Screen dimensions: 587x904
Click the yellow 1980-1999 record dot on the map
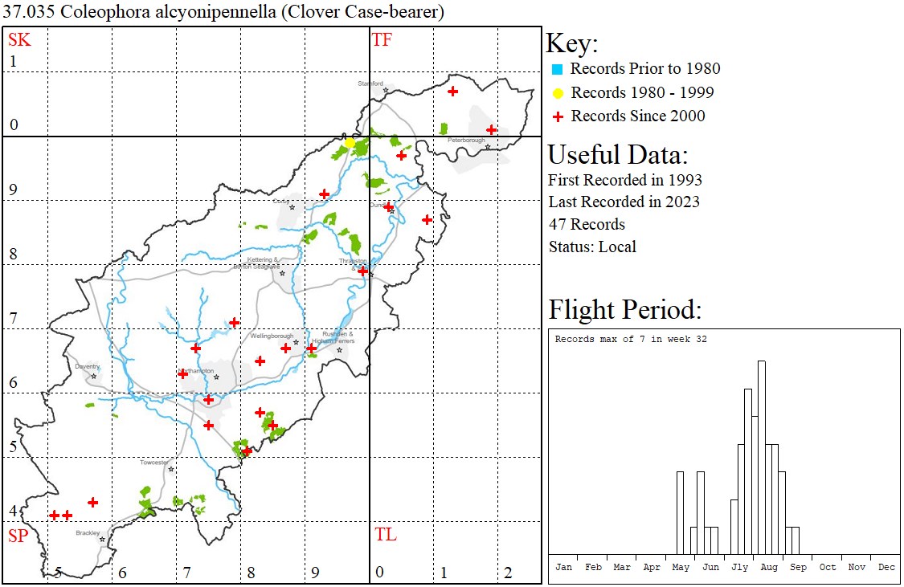[350, 142]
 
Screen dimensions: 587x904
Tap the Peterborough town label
[467, 140]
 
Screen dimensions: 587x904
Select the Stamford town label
[370, 83]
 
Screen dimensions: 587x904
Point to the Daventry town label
[87, 366]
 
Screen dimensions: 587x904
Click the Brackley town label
[88, 532]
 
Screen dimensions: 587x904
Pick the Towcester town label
[154, 463]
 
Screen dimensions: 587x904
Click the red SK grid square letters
[19, 39]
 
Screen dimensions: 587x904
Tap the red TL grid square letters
[385, 535]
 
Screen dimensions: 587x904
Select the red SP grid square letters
[18, 536]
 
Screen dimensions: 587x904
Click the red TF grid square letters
[382, 39]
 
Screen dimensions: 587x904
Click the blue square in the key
[557, 69]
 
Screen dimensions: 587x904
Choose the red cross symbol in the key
[557, 116]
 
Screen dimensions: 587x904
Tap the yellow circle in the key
[557, 93]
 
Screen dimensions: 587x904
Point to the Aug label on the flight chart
[769, 567]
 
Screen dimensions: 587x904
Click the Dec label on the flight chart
[886, 567]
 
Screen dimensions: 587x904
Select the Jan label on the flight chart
[564, 567]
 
